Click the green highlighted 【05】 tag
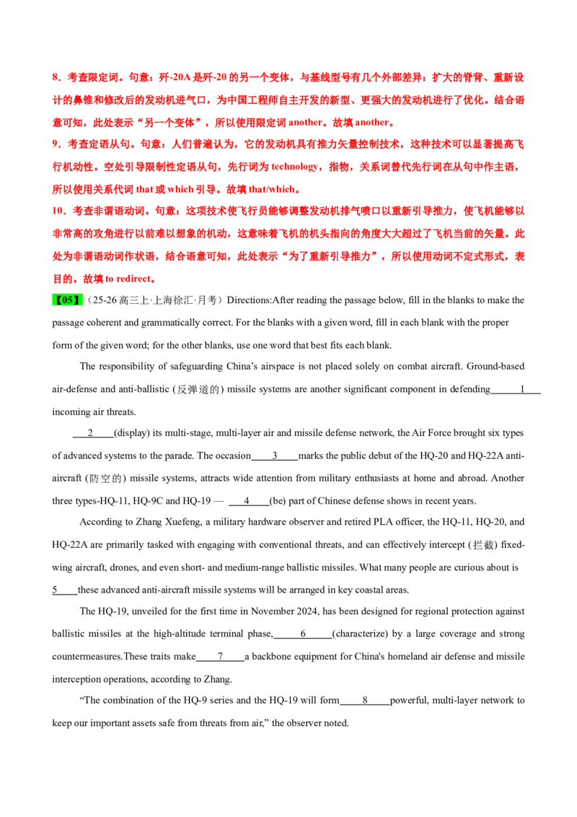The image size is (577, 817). coord(68,300)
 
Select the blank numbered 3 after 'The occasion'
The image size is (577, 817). coord(275,456)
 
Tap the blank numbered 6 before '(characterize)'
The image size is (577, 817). coord(302,634)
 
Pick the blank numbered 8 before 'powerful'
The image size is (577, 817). coord(365,700)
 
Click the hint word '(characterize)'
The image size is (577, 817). coord(361,634)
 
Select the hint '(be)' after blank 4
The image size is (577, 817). coord(278,502)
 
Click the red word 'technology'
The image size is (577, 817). coord(294,167)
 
